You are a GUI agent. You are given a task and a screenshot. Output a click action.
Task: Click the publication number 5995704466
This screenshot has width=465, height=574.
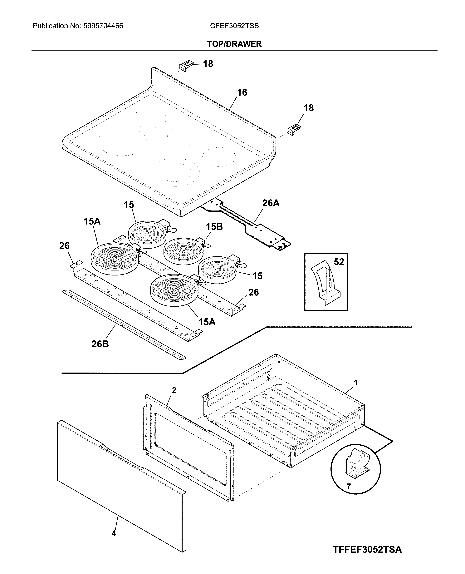pyautogui.click(x=103, y=26)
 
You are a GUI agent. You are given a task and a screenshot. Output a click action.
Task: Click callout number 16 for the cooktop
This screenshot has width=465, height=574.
pyautogui.click(x=242, y=92)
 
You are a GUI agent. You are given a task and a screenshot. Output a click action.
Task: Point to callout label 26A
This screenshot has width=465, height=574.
pyautogui.click(x=271, y=203)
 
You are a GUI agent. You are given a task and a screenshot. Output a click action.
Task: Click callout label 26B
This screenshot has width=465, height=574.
pyautogui.click(x=100, y=344)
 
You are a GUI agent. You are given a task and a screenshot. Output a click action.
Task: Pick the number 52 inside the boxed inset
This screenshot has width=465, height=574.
pyautogui.click(x=339, y=262)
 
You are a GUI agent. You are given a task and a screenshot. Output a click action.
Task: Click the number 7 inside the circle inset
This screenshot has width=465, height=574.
pyautogui.click(x=349, y=486)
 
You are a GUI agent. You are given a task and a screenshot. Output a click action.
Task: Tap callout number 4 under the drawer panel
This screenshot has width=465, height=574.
pyautogui.click(x=114, y=533)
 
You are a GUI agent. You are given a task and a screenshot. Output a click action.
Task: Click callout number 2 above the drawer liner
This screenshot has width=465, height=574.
pyautogui.click(x=174, y=390)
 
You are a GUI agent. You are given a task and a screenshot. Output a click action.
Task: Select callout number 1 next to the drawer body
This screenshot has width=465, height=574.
pyautogui.click(x=356, y=383)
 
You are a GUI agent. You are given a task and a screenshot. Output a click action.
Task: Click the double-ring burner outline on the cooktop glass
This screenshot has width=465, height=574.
pyautogui.click(x=175, y=171)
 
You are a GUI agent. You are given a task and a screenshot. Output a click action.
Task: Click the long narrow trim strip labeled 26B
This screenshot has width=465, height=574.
pyautogui.click(x=123, y=324)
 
